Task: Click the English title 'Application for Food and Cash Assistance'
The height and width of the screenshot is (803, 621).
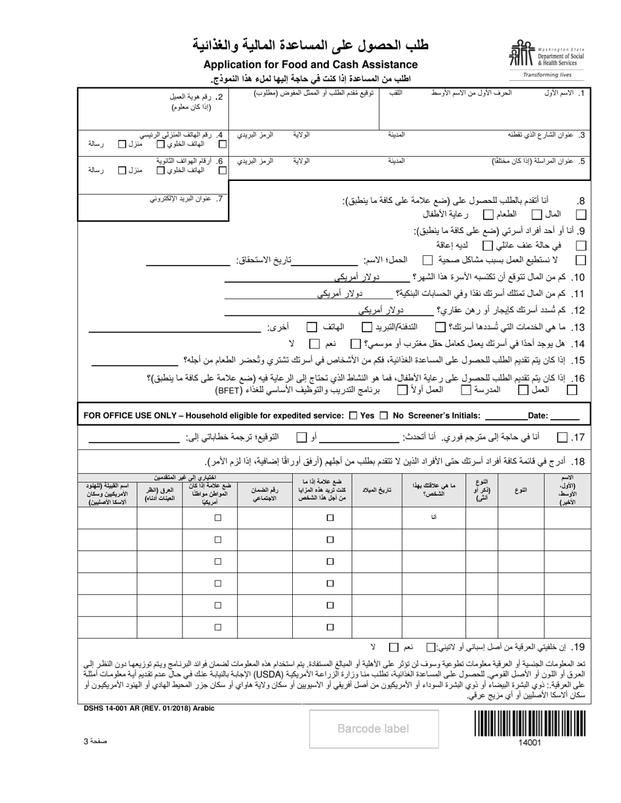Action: [x=310, y=64]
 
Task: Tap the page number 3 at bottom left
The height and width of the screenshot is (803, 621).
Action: [x=94, y=740]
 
